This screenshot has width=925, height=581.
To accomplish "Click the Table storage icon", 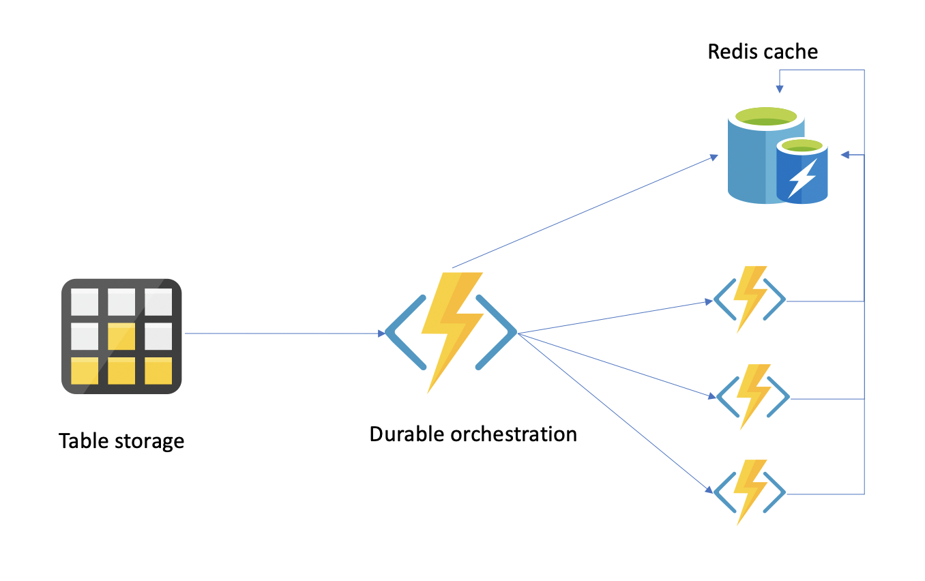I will tap(121, 336).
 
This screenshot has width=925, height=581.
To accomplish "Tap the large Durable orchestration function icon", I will tap(451, 332).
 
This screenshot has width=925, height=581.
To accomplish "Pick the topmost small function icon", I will tap(750, 299).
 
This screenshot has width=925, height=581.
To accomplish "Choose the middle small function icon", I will tap(752, 397).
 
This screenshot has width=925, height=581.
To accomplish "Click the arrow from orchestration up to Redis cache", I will tap(587, 211).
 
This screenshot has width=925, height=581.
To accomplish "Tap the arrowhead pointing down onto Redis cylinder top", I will tap(779, 89).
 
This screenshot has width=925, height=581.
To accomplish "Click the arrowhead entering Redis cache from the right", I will tap(845, 155).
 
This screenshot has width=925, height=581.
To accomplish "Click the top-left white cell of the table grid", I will tap(85, 301).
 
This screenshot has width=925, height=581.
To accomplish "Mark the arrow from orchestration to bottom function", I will tap(614, 413).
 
